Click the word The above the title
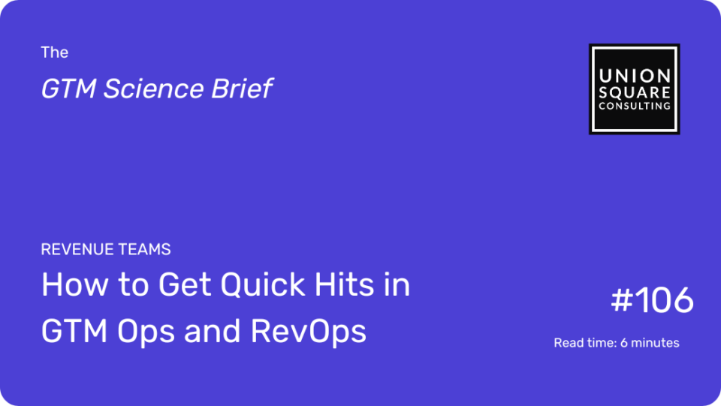click(54, 53)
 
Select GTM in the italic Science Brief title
click(68, 89)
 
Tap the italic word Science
click(153, 89)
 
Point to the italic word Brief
click(242, 89)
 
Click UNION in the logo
click(635, 77)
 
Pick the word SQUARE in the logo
click(635, 93)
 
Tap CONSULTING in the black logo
click(635, 106)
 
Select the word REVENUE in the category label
click(77, 249)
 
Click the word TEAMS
click(144, 249)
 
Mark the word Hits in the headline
click(345, 284)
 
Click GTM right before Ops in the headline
click(74, 331)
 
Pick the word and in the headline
click(212, 331)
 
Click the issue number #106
click(652, 300)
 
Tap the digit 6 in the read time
click(624, 343)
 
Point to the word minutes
click(655, 343)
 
